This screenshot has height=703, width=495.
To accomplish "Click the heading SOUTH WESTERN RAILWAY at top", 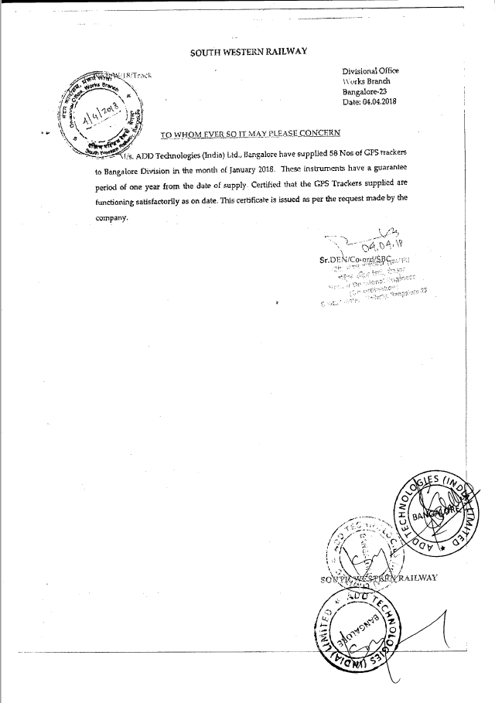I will click(248, 52).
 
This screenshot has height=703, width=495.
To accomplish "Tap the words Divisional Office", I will click(370, 71).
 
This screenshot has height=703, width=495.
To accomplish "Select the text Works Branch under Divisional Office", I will click(367, 82).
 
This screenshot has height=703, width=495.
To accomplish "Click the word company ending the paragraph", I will click(111, 218).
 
